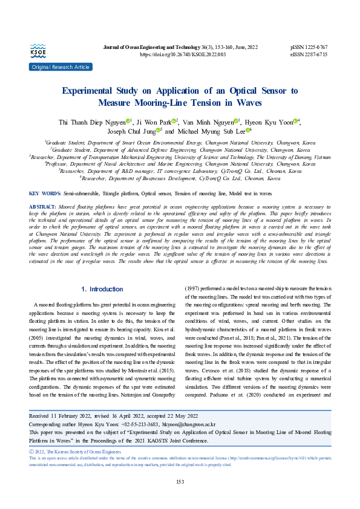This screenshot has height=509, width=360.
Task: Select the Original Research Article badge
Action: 60,66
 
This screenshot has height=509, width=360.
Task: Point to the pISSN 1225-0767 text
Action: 309,47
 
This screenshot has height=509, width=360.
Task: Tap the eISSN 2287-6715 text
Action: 309,54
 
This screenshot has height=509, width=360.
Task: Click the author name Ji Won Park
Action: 157,122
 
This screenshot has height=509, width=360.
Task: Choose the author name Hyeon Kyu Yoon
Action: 271,122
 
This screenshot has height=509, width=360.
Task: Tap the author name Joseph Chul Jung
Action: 132,131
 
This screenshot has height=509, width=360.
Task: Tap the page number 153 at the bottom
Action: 180,481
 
